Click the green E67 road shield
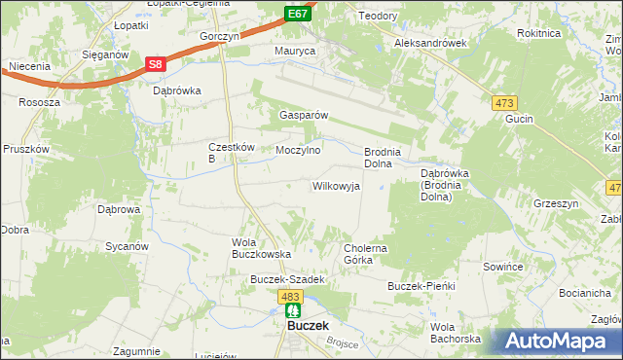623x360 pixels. (x=298, y=13)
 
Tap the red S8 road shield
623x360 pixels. (x=156, y=64)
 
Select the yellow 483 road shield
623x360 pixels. (x=289, y=295)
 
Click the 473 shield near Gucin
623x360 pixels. (x=504, y=103)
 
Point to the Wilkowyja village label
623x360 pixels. (x=336, y=186)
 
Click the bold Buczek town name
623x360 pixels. (x=308, y=327)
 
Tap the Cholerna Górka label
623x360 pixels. (x=366, y=254)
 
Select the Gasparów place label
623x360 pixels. (x=304, y=115)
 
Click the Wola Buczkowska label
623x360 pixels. (x=261, y=247)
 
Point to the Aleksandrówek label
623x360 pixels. (x=431, y=44)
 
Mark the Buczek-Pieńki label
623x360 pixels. (x=421, y=287)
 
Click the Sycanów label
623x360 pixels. (x=126, y=247)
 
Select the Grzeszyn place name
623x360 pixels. (x=556, y=203)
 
